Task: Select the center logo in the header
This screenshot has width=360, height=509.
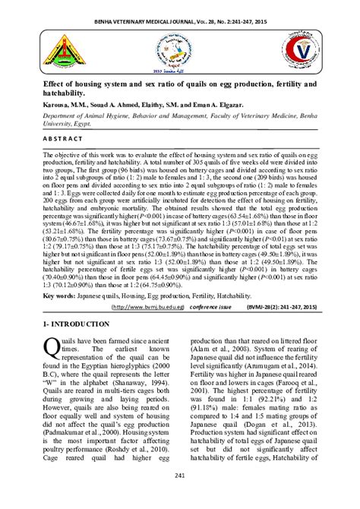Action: pyautogui.click(x=179, y=49)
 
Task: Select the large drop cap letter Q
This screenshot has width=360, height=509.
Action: pyautogui.click(x=51, y=348)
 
